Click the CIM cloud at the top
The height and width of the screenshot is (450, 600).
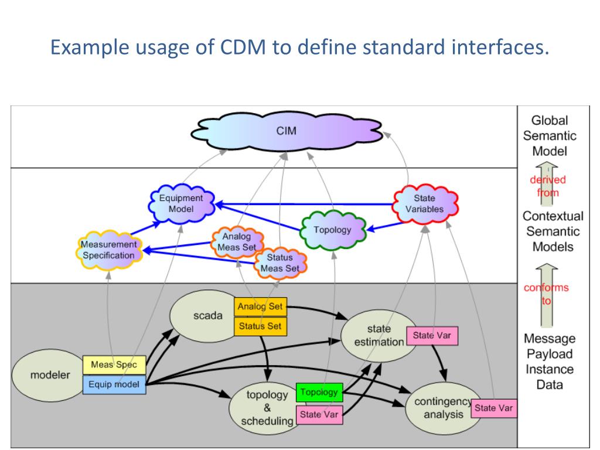pyautogui.click(x=286, y=131)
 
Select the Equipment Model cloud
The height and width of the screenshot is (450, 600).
pyautogui.click(x=182, y=203)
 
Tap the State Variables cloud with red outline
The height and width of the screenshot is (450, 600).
pyautogui.click(x=425, y=203)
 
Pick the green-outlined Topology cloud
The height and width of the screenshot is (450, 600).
pyautogui.click(x=333, y=230)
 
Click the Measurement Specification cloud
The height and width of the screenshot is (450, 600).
pyautogui.click(x=109, y=250)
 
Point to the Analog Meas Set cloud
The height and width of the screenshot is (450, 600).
pyautogui.click(x=237, y=241)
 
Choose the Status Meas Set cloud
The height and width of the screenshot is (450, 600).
pyautogui.click(x=280, y=263)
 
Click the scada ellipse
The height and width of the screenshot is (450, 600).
pyautogui.click(x=208, y=316)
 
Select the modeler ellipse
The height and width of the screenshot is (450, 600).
pyautogui.click(x=50, y=375)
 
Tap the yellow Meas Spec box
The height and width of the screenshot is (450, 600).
pyautogui.click(x=114, y=364)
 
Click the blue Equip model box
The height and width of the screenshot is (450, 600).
pyautogui.click(x=114, y=384)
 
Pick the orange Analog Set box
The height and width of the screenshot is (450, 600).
pyautogui.click(x=260, y=306)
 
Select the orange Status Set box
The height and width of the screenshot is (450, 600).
pyautogui.click(x=260, y=326)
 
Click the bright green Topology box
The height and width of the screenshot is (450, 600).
pyautogui.click(x=319, y=392)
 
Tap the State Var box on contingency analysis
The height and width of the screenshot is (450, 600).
pyautogui.click(x=493, y=408)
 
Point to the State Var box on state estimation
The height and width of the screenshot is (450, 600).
pyautogui.click(x=432, y=336)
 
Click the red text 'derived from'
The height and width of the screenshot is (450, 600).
pyautogui.click(x=548, y=186)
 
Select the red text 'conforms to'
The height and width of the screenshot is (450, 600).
pyautogui.click(x=547, y=294)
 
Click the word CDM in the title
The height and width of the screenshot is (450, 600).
pyautogui.click(x=243, y=47)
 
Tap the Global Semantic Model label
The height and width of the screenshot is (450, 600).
pyautogui.click(x=550, y=136)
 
